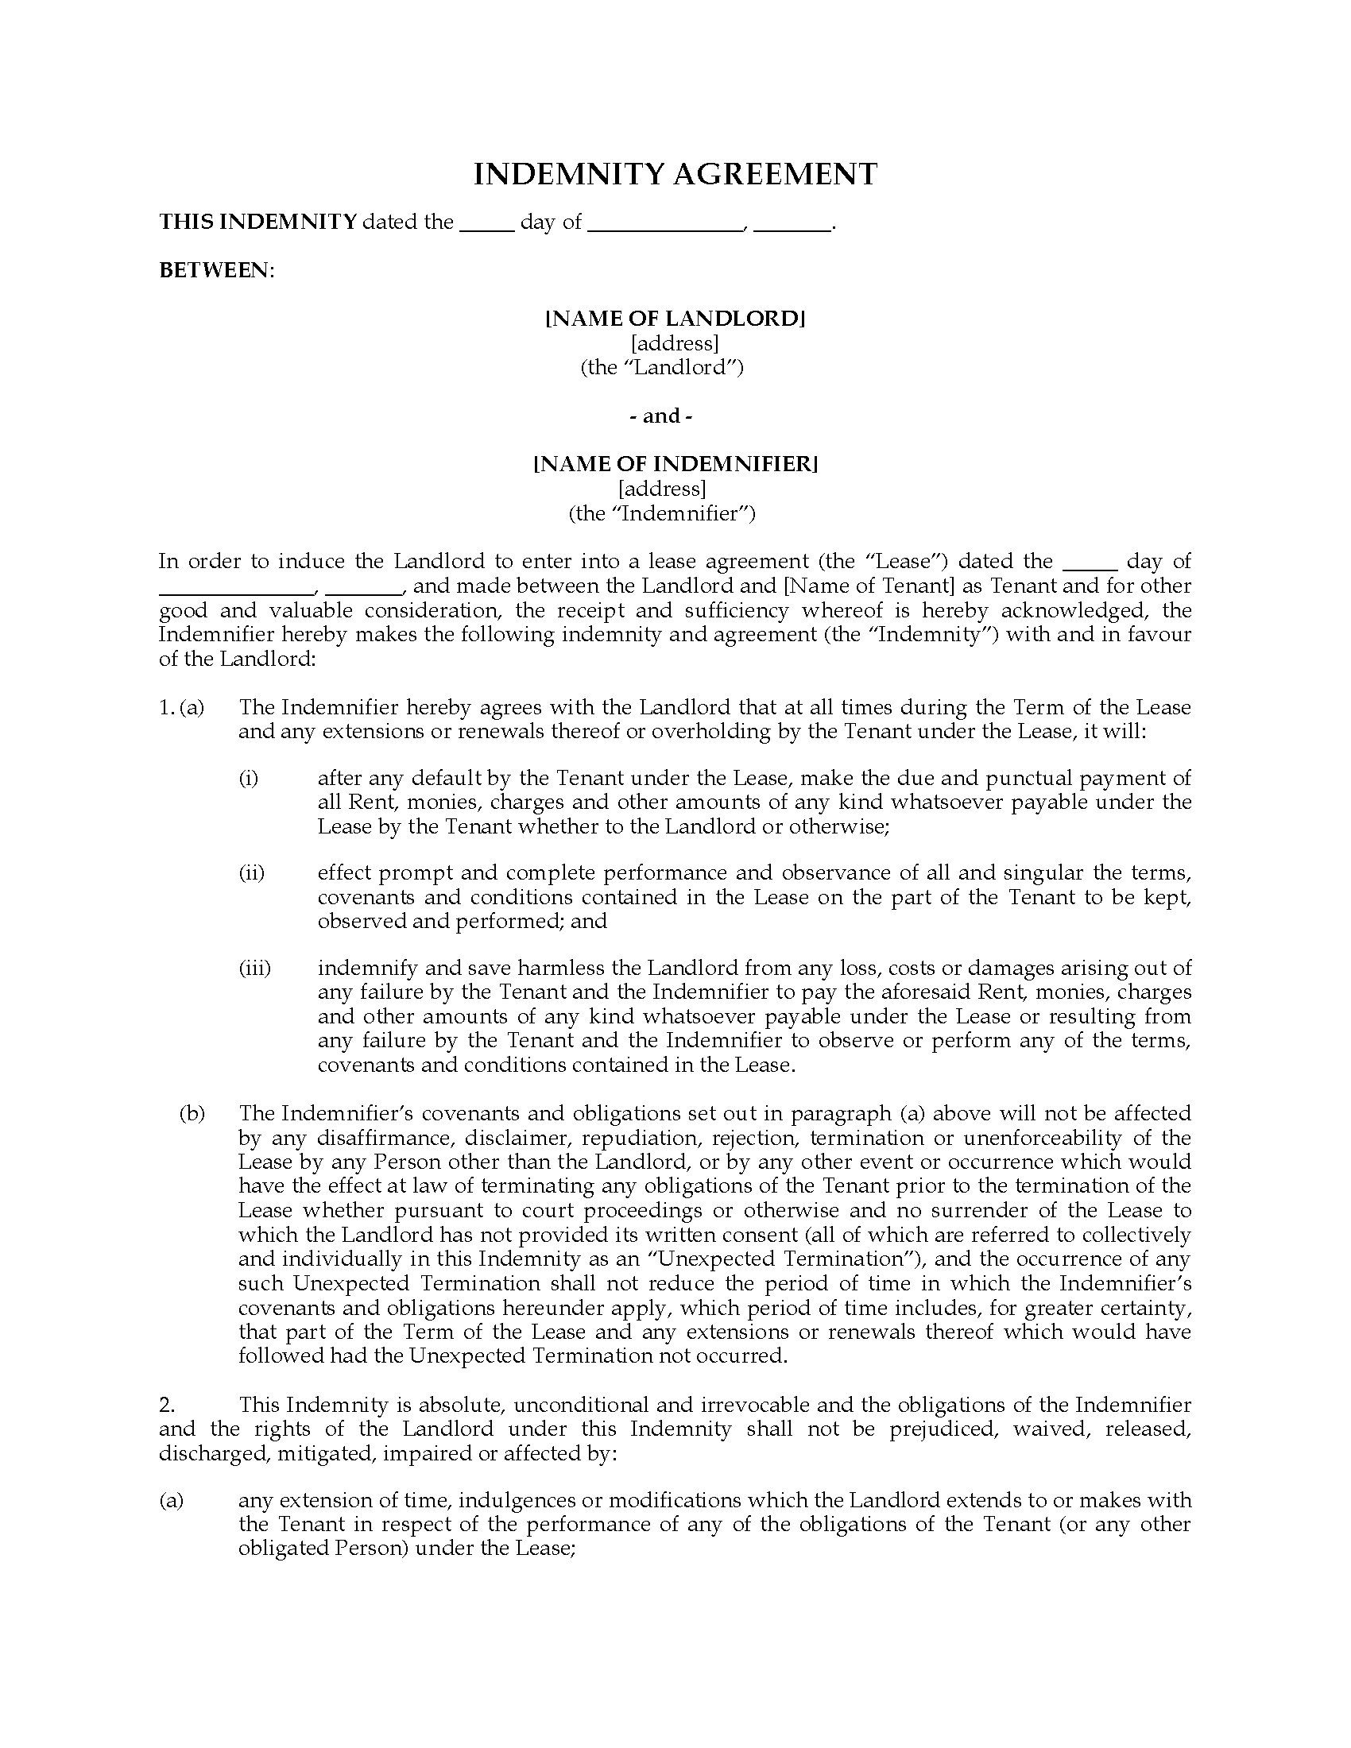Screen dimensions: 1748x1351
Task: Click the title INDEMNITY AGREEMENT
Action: pos(675,175)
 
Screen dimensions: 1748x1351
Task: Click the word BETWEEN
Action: pos(215,270)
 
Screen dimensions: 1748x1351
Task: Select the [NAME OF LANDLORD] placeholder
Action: pos(675,319)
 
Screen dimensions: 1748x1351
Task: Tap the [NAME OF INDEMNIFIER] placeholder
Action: pos(675,464)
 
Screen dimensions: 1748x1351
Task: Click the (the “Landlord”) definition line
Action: pos(662,367)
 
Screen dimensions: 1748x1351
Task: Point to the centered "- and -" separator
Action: pos(661,416)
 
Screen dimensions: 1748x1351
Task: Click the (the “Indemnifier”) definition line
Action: pos(662,513)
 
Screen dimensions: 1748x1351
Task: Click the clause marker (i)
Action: pos(248,778)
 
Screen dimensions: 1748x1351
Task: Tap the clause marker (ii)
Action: pos(251,872)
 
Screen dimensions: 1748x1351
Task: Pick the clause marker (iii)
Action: pos(254,969)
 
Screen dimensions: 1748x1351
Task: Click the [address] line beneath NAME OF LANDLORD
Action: pos(675,343)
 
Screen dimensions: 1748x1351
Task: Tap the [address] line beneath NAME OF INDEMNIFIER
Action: pos(662,488)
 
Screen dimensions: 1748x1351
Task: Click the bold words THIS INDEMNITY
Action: pos(257,222)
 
